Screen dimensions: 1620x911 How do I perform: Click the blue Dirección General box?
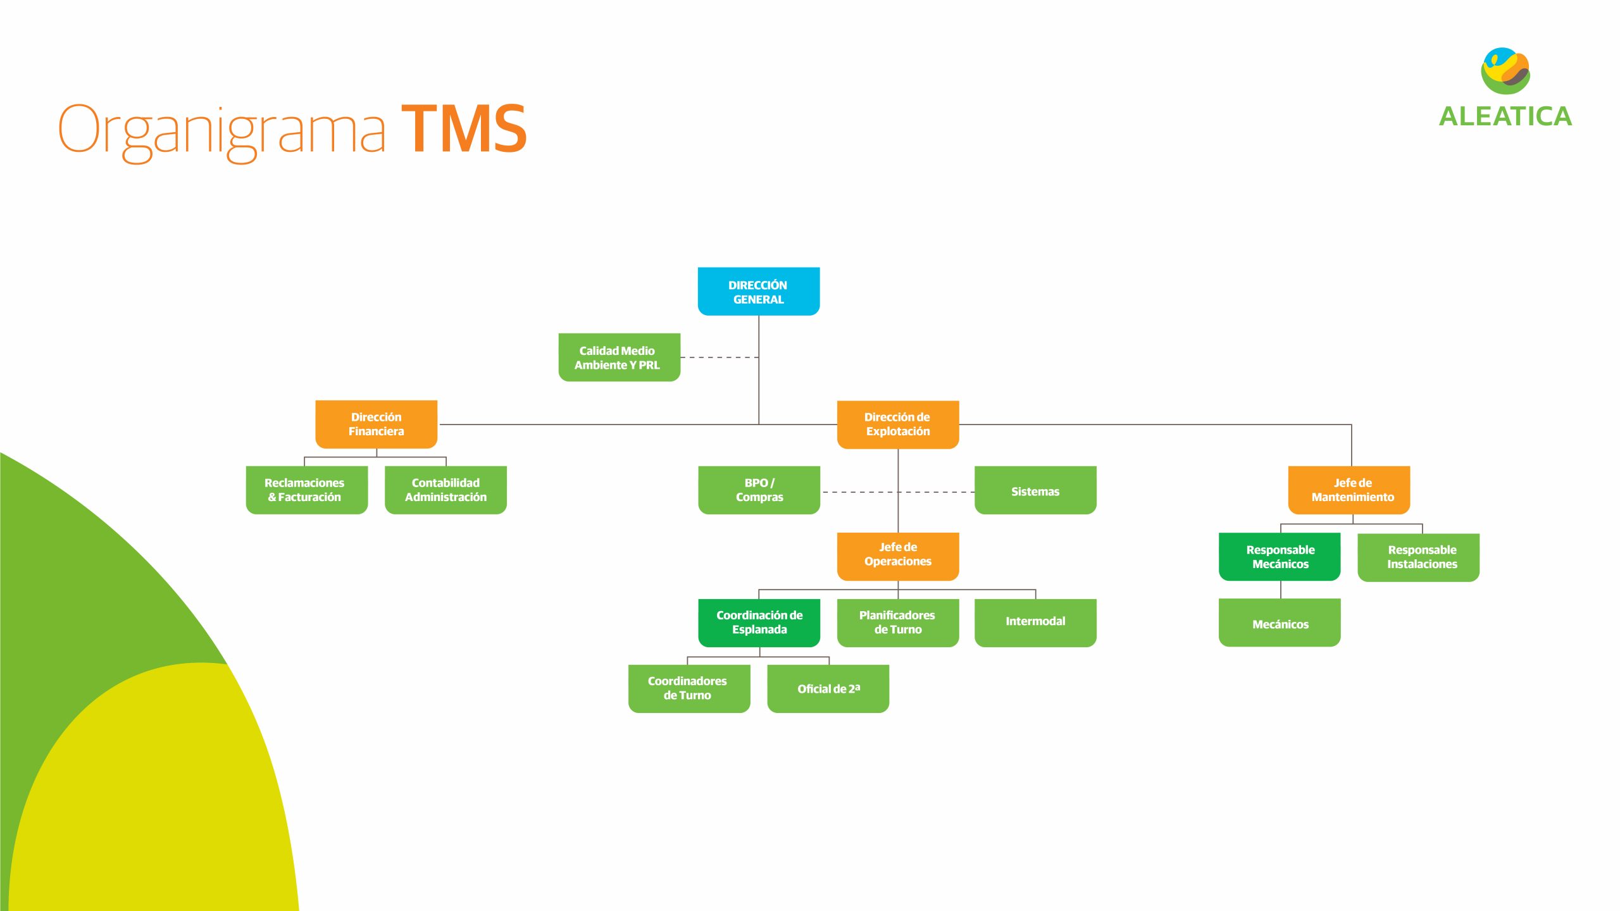pos(758,292)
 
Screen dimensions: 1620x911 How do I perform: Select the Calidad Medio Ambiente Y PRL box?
pos(619,357)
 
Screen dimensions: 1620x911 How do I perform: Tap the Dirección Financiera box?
pos(376,425)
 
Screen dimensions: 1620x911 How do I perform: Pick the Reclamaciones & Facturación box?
pos(306,490)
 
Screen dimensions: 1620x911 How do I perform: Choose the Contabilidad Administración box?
pos(445,490)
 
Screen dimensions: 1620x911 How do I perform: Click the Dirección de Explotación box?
pos(898,425)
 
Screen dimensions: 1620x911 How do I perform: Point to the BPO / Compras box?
pos(759,490)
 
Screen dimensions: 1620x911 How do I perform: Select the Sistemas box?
pos(1035,490)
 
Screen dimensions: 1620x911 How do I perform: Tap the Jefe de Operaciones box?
pos(898,557)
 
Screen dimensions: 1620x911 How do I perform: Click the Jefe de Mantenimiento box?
pos(1349,490)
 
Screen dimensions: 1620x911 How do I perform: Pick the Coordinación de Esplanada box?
pos(759,623)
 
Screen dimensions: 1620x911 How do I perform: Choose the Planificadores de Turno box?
pos(898,623)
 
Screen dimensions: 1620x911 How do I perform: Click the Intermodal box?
pos(1035,623)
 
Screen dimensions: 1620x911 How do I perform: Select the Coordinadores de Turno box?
pos(689,689)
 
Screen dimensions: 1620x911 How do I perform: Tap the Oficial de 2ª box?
pos(828,689)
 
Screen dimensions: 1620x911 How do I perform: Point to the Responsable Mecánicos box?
pos(1280,557)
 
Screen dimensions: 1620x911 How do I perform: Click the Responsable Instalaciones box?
pos(1418,557)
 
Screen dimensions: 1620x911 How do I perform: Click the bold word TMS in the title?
pos(464,129)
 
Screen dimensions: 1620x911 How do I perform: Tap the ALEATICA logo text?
pos(1505,116)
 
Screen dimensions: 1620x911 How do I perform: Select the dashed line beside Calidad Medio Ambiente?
pos(720,357)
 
